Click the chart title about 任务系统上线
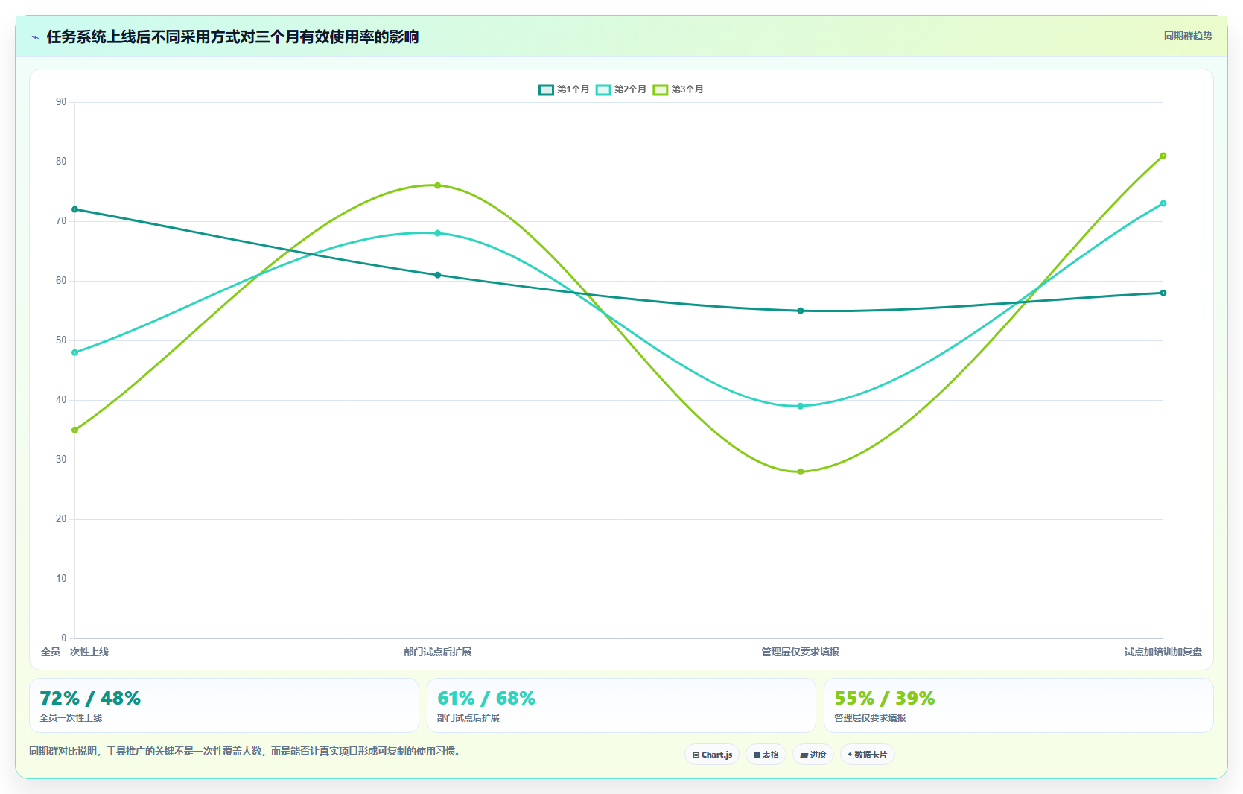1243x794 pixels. [232, 36]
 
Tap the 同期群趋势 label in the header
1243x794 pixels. [1187, 36]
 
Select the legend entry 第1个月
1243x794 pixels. [564, 89]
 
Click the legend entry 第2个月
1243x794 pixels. [621, 89]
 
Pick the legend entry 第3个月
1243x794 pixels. [678, 89]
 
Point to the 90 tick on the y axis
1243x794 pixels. [61, 101]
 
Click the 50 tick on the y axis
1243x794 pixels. [61, 340]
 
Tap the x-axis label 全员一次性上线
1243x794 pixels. [75, 652]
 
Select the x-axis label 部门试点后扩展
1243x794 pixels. [438, 652]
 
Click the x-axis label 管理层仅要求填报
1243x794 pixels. [800, 652]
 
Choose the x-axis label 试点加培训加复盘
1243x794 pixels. [1163, 652]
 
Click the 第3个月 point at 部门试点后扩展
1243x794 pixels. [438, 185]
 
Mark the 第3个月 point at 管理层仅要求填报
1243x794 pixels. [800, 471]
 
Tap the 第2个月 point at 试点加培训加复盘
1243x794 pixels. [1163, 203]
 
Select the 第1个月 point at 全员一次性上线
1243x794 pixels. [75, 209]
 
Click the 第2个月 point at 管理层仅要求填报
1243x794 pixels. [800, 406]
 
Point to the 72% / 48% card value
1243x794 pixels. [90, 698]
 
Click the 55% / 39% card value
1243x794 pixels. [885, 698]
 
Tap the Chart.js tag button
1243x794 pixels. [712, 755]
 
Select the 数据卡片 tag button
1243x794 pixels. [868, 755]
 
